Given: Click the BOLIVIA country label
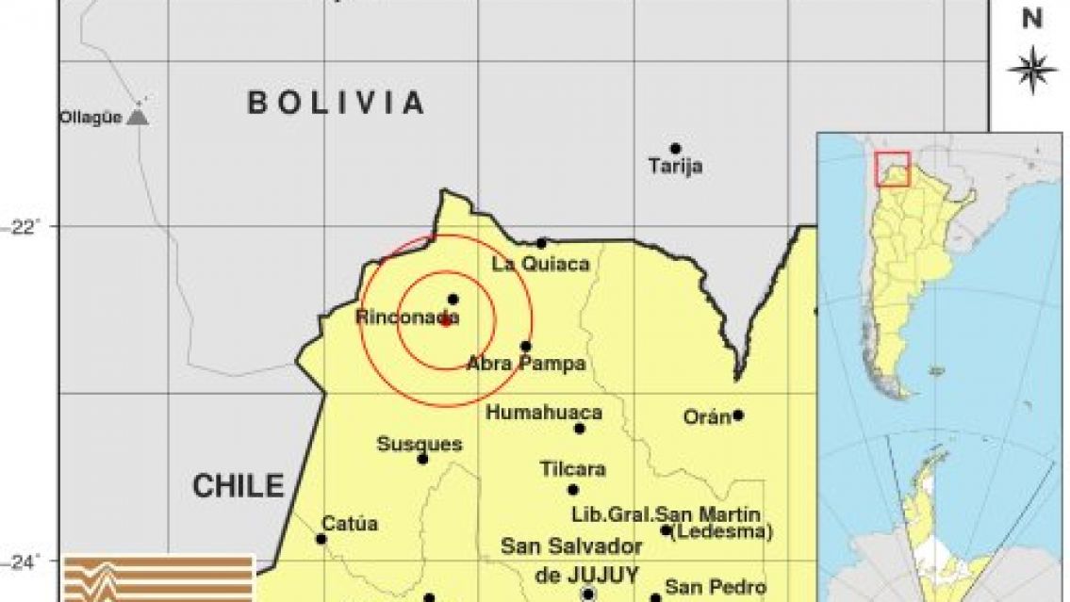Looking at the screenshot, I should click(336, 103).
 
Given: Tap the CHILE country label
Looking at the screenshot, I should click(238, 486).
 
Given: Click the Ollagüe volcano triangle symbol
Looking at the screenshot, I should click(138, 118).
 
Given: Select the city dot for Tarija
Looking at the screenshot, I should click(675, 149).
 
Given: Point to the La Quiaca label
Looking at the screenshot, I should click(540, 265).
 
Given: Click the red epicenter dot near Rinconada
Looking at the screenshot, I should click(445, 320).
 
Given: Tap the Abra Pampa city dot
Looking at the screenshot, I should click(525, 346).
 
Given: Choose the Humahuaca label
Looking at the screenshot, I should click(543, 413).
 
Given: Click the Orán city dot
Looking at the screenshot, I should click(738, 415).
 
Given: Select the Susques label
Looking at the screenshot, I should click(420, 444).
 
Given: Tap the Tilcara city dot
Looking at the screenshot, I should click(572, 490).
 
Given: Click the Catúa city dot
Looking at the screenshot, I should click(321, 539).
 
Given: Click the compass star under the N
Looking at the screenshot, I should click(1031, 70).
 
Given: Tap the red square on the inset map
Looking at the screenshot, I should click(892, 169).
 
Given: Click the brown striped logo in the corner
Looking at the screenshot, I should click(158, 578).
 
